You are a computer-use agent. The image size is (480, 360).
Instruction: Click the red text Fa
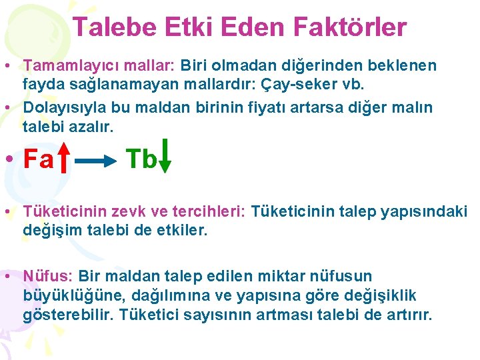pyautogui.click(x=38, y=159)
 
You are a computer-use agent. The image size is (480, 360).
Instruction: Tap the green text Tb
pyautogui.click(x=142, y=159)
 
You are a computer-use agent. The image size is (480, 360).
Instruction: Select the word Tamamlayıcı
pyautogui.click(x=63, y=65)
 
